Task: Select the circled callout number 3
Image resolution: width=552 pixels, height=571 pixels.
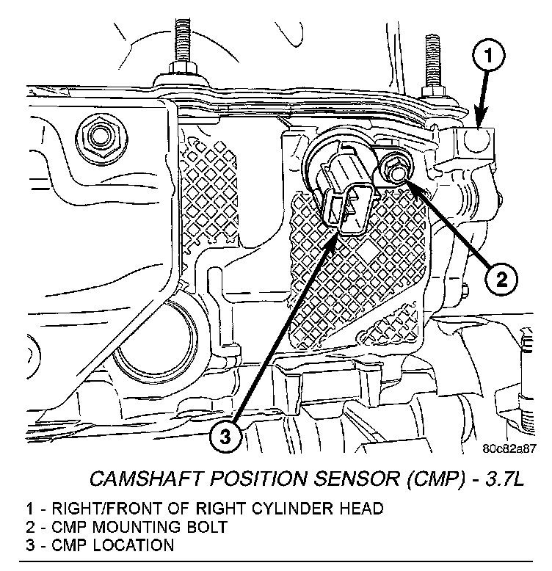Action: tap(225, 437)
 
